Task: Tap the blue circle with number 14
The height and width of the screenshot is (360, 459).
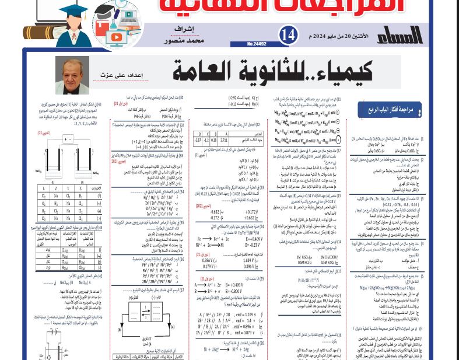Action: coord(288,34)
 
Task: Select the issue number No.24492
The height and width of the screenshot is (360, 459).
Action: coord(257,44)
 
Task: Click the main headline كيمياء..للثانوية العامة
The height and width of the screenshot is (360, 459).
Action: coord(274,71)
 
